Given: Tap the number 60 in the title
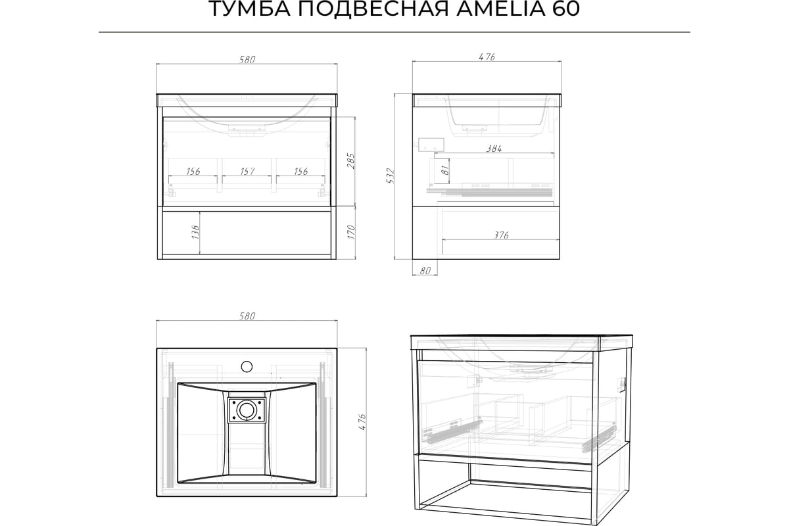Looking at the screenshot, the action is point(565,9).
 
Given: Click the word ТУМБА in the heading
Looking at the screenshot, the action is point(249,9).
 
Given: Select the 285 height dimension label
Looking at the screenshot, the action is point(351,161).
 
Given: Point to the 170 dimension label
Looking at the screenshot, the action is point(352,233).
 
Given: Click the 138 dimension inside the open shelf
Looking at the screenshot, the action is point(195,233).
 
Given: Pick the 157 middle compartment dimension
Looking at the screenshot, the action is point(247,171).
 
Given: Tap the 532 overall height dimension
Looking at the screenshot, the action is point(391,176).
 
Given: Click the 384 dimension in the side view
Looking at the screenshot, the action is point(494,149).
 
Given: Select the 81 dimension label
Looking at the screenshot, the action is point(445,170).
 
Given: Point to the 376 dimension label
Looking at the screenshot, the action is point(501,235).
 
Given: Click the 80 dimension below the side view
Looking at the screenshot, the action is point(425,271).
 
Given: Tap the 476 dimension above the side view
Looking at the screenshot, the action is point(487,57).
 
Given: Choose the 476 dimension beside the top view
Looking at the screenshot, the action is point(362,421).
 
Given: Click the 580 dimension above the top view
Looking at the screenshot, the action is point(247,316).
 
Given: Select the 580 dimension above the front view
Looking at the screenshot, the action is point(247,60).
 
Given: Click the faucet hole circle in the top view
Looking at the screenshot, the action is point(247,366).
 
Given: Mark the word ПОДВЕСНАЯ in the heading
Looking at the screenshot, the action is point(373,9).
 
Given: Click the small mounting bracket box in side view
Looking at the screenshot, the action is point(431,145).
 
